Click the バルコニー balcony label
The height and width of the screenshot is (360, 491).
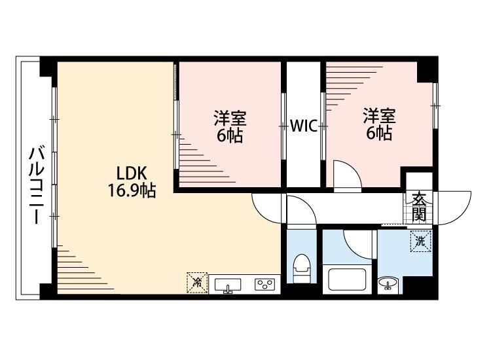point(36,187)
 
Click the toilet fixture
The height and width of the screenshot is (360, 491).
point(302,268)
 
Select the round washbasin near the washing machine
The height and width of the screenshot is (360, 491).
point(388,284)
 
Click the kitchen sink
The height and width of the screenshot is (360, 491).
point(227,285)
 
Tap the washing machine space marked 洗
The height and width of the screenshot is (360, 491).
point(420,241)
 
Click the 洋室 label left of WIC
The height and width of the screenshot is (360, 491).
point(230,118)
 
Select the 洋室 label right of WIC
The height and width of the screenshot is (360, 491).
point(380,117)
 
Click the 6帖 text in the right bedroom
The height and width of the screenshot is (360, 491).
point(379,134)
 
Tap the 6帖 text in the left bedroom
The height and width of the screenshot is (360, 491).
point(230,136)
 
